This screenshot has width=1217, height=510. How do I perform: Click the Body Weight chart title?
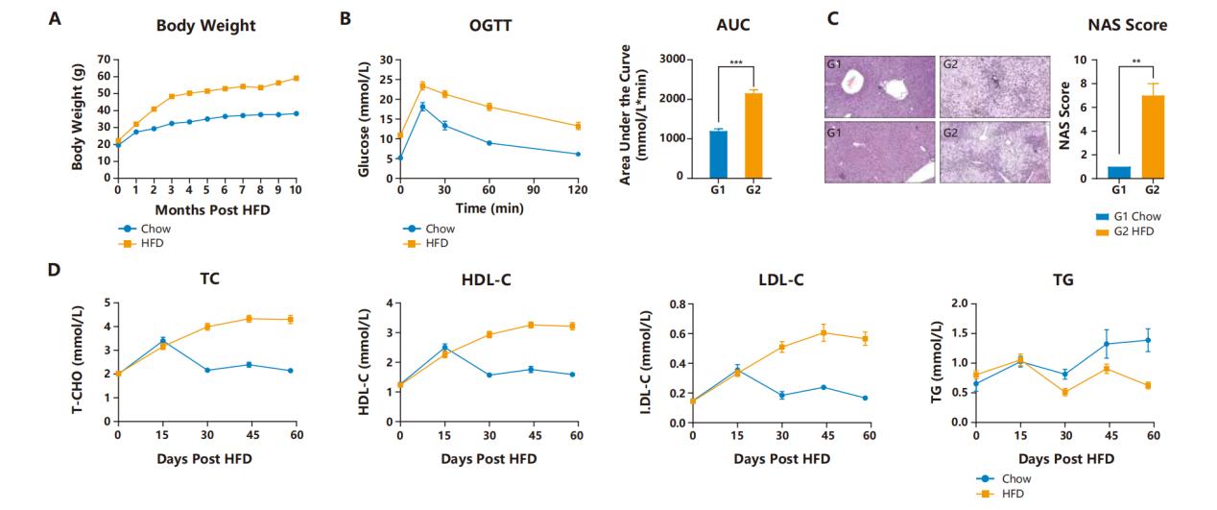pos(206,26)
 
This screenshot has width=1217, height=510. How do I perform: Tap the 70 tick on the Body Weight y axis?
pos(104,60)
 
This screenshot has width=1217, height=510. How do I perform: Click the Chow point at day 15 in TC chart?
pos(163,341)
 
